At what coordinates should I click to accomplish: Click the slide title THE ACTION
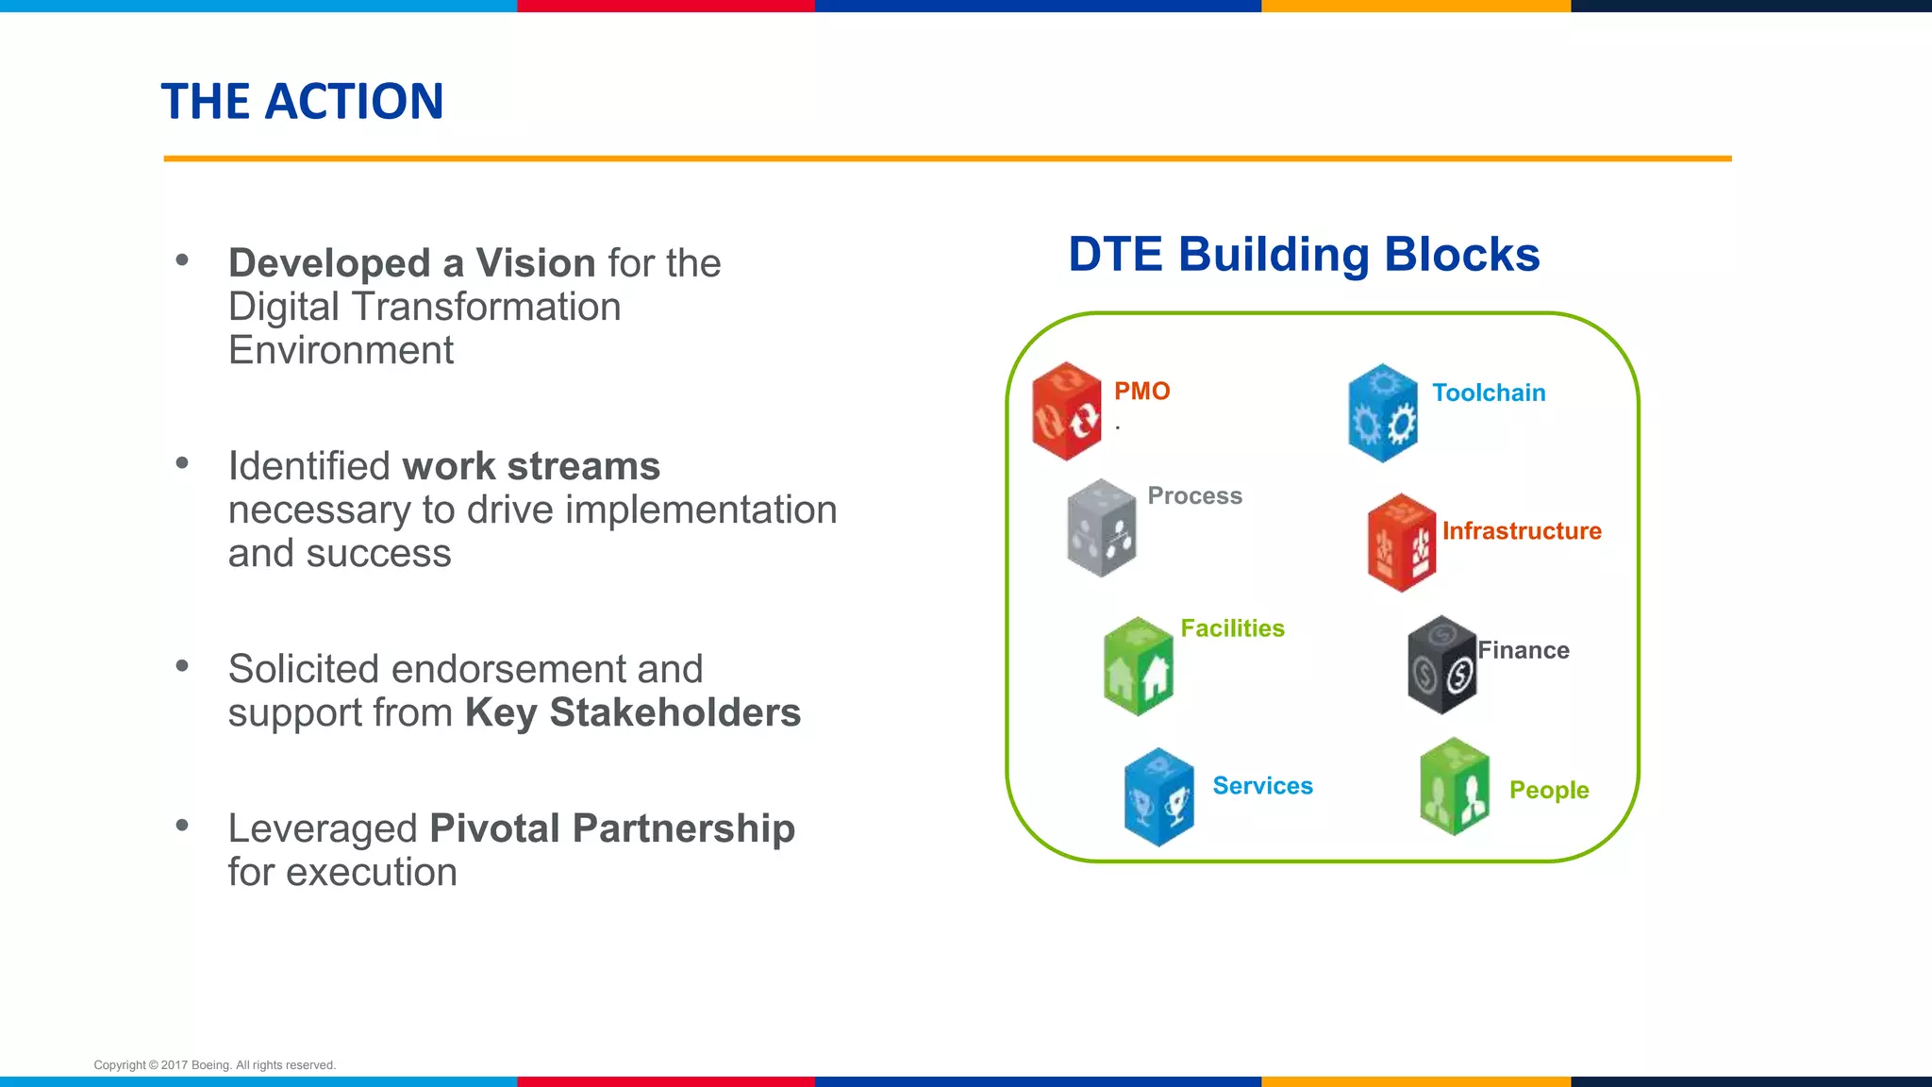click(x=302, y=101)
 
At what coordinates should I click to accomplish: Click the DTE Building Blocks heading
click(x=1304, y=255)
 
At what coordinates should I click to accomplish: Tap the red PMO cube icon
click(x=1067, y=411)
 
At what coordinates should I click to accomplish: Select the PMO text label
click(x=1141, y=391)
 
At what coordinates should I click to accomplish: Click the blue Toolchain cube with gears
click(x=1383, y=413)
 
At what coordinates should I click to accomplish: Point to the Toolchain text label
click(x=1489, y=393)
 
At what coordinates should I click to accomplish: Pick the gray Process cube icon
click(x=1101, y=528)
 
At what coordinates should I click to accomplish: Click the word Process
click(x=1194, y=495)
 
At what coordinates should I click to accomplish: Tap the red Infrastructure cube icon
click(x=1402, y=543)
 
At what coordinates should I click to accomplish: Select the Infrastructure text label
click(x=1522, y=531)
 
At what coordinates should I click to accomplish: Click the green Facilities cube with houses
click(x=1139, y=666)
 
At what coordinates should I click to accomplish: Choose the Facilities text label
click(x=1232, y=628)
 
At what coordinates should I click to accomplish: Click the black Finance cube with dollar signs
click(x=1441, y=665)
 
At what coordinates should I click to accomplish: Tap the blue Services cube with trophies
click(x=1159, y=797)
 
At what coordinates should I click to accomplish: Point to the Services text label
click(x=1262, y=786)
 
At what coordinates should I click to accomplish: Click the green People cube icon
click(x=1455, y=787)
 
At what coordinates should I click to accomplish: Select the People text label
click(x=1549, y=790)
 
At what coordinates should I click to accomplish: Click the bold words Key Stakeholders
click(x=633, y=712)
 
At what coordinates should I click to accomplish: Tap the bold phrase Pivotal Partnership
click(x=612, y=828)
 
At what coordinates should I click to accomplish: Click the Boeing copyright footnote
click(x=215, y=1065)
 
